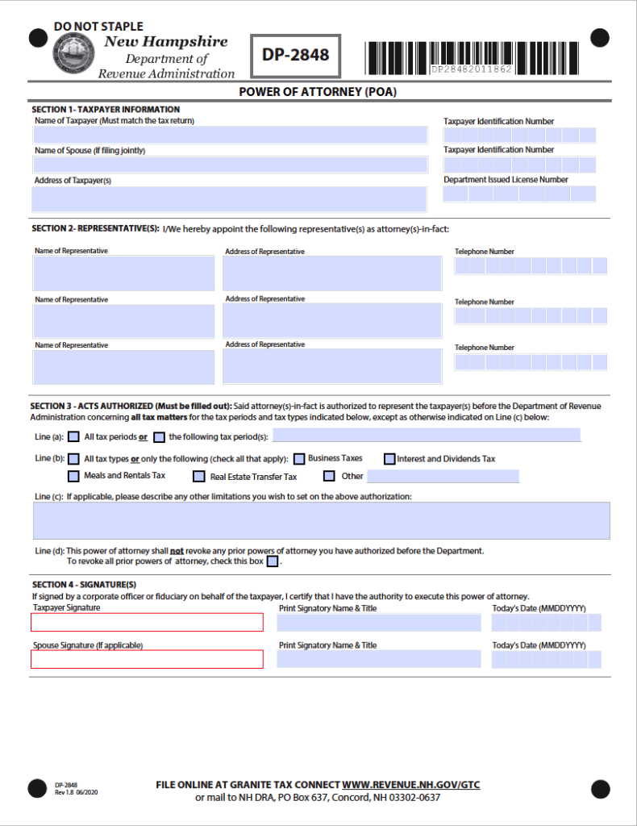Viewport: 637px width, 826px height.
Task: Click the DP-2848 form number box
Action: coord(295,56)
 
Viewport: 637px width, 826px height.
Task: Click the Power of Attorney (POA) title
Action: coord(318,92)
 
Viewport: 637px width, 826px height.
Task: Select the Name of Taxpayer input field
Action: coord(230,135)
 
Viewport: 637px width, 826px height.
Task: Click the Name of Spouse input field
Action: coord(230,165)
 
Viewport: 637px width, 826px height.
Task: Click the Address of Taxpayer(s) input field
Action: coord(230,198)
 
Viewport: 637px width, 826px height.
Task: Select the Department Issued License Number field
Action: coord(519,194)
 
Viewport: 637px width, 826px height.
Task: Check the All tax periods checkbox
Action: coord(74,437)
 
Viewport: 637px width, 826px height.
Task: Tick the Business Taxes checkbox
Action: coord(298,458)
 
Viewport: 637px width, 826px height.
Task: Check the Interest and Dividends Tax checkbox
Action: coord(389,459)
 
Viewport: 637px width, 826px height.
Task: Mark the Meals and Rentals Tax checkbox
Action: coord(74,476)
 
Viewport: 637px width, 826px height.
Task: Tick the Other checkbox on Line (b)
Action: coord(329,476)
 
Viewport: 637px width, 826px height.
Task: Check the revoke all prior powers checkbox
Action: coord(273,561)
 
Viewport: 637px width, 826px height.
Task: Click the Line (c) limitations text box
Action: coord(321,520)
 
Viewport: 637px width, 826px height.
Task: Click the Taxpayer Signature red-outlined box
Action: coord(148,622)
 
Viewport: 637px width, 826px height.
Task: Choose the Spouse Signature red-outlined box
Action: coord(148,659)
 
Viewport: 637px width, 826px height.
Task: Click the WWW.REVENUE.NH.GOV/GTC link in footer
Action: coord(411,785)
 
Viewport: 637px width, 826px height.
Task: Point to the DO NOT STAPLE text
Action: coord(98,27)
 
